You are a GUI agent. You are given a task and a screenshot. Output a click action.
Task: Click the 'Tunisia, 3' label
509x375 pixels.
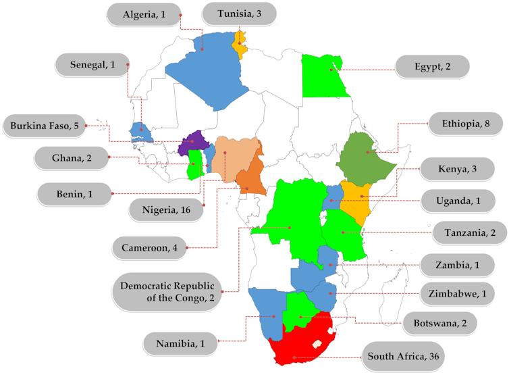coord(240,14)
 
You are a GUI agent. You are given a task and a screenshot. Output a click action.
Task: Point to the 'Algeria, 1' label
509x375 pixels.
coord(144,14)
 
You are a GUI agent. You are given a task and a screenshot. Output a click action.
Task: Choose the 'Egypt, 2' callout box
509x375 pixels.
coord(432,67)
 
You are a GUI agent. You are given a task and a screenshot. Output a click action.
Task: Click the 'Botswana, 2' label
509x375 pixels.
coord(439,322)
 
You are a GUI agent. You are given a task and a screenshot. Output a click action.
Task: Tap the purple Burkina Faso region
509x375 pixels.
coord(193,143)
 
